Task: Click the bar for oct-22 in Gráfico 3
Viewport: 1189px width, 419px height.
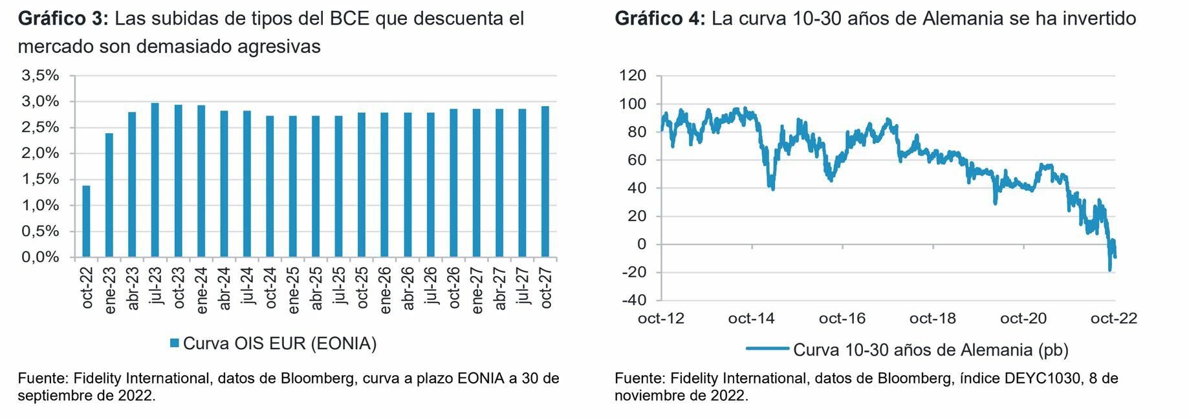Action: click(x=86, y=221)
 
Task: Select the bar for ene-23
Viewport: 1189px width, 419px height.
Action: click(x=109, y=195)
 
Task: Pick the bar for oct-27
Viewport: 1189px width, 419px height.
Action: click(x=545, y=182)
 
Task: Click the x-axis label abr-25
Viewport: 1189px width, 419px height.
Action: click(x=316, y=288)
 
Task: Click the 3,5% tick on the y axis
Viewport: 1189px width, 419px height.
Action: click(x=41, y=76)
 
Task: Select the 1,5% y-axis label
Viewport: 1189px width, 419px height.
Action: click(x=41, y=179)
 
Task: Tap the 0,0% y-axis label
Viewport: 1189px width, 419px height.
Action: click(x=41, y=257)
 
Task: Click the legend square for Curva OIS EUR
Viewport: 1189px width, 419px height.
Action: click(x=174, y=343)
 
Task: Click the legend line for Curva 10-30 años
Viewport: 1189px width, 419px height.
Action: click(x=767, y=349)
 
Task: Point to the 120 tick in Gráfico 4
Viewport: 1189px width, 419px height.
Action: click(x=633, y=76)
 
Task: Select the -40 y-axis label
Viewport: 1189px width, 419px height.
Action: click(x=633, y=300)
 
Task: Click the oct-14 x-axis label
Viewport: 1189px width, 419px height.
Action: click(x=751, y=319)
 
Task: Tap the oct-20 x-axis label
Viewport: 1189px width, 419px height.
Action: click(x=1023, y=319)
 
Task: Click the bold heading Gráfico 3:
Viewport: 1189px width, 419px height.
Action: click(x=63, y=19)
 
